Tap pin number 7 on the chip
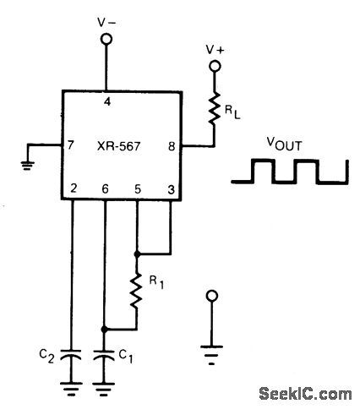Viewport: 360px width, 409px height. (73, 145)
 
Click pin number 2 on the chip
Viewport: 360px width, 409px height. (74, 188)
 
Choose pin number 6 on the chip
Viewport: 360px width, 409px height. (105, 188)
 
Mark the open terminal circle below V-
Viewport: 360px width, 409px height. (107, 38)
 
